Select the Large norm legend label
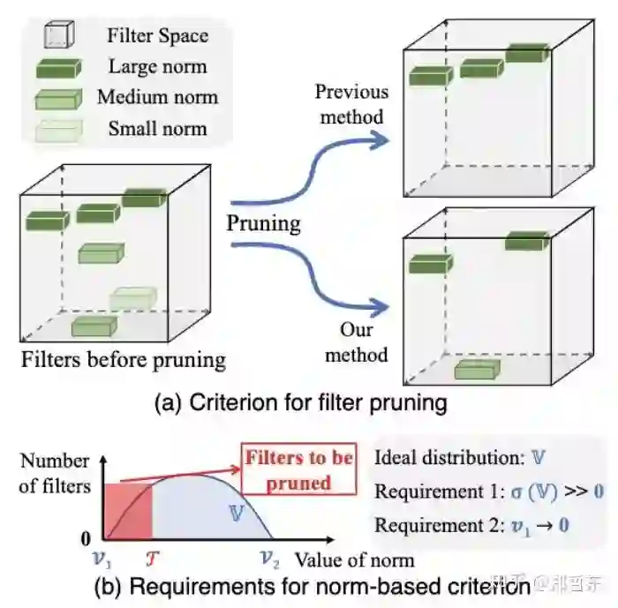tap(157, 66)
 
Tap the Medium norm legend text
tap(157, 97)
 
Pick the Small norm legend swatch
tap(58, 130)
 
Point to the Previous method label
tap(350, 103)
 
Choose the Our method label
tap(357, 342)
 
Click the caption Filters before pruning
tap(124, 359)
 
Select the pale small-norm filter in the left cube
tap(132, 298)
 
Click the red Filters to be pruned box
tap(298, 469)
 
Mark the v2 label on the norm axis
tap(269, 558)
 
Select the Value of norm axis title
tap(354, 559)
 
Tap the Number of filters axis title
tap(55, 472)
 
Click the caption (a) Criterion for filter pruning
tap(300, 403)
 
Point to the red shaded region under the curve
tap(129, 511)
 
